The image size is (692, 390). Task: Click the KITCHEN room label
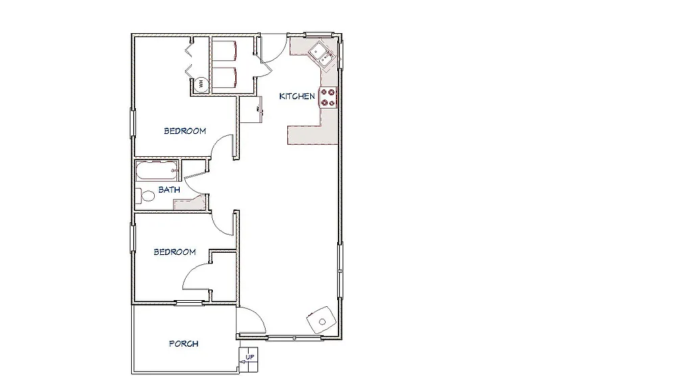click(297, 96)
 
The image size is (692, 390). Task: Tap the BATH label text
click(169, 190)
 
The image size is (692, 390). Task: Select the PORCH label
click(183, 344)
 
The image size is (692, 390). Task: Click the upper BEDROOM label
click(184, 131)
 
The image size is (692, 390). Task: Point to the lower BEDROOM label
click(174, 252)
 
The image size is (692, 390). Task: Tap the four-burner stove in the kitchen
click(328, 97)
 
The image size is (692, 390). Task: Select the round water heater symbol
click(200, 84)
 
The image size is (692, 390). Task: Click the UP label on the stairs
click(250, 356)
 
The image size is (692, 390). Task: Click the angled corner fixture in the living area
click(320, 320)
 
